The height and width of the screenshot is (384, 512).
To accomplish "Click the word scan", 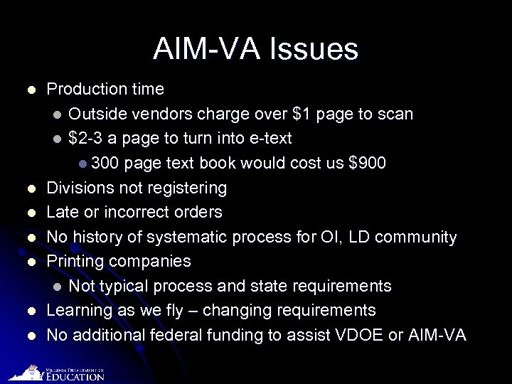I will pyautogui.click(x=395, y=114).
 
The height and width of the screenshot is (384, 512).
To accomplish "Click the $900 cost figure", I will pyautogui.click(x=368, y=163).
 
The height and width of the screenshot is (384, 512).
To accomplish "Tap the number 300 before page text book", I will pyautogui.click(x=105, y=163).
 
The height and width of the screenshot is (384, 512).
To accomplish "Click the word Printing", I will pyautogui.click(x=75, y=261).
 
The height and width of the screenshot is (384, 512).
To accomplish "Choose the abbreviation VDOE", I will pyautogui.click(x=356, y=335).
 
